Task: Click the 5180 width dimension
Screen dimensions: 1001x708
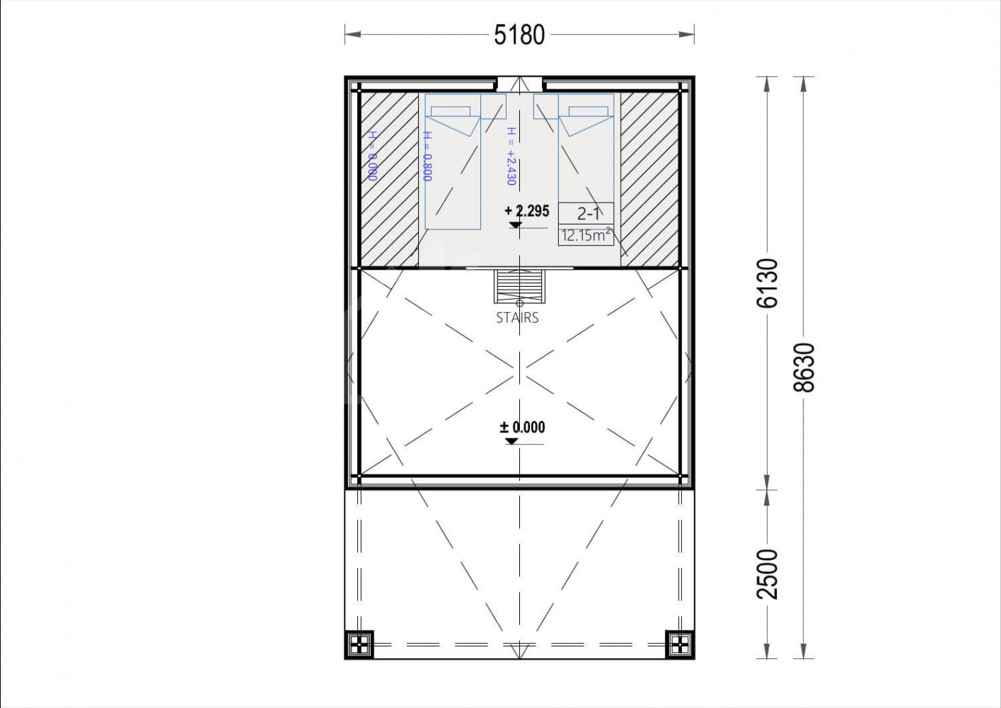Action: click(519, 35)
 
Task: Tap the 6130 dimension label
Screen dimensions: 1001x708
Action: click(768, 283)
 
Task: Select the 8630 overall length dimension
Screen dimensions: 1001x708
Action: click(804, 367)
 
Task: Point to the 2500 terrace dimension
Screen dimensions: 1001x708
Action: click(768, 574)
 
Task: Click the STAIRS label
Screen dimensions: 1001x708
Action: click(518, 318)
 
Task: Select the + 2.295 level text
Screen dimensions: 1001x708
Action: click(527, 211)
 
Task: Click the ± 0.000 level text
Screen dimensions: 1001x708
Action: click(522, 427)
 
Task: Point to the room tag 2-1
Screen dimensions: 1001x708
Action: click(586, 213)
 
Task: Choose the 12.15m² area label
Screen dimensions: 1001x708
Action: click(586, 235)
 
